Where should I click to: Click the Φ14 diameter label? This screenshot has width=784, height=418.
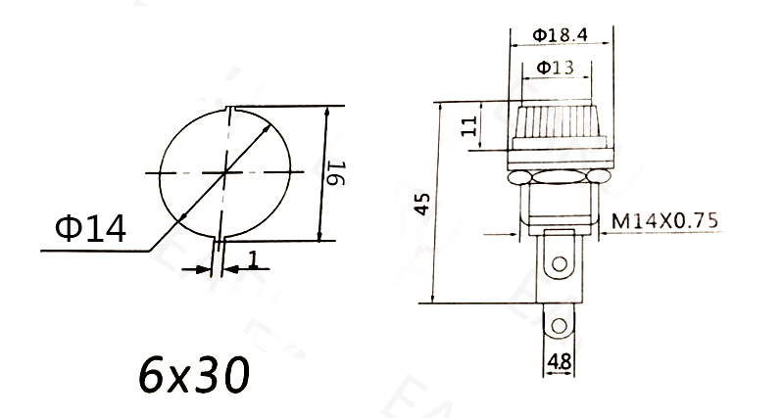tap(90, 228)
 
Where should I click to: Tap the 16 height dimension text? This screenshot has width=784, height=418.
tap(336, 173)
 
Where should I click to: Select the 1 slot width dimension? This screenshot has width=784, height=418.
tap(252, 259)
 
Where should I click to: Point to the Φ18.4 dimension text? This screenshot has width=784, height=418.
tap(561, 34)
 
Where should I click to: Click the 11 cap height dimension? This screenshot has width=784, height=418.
tap(468, 124)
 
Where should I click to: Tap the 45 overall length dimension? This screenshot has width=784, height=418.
tap(421, 204)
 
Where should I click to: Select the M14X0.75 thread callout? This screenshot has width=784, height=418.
tap(663, 222)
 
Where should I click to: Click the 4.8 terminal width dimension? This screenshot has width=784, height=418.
tap(559, 362)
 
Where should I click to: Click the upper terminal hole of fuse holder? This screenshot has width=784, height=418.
tap(560, 262)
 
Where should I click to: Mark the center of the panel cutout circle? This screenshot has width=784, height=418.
tap(225, 172)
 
